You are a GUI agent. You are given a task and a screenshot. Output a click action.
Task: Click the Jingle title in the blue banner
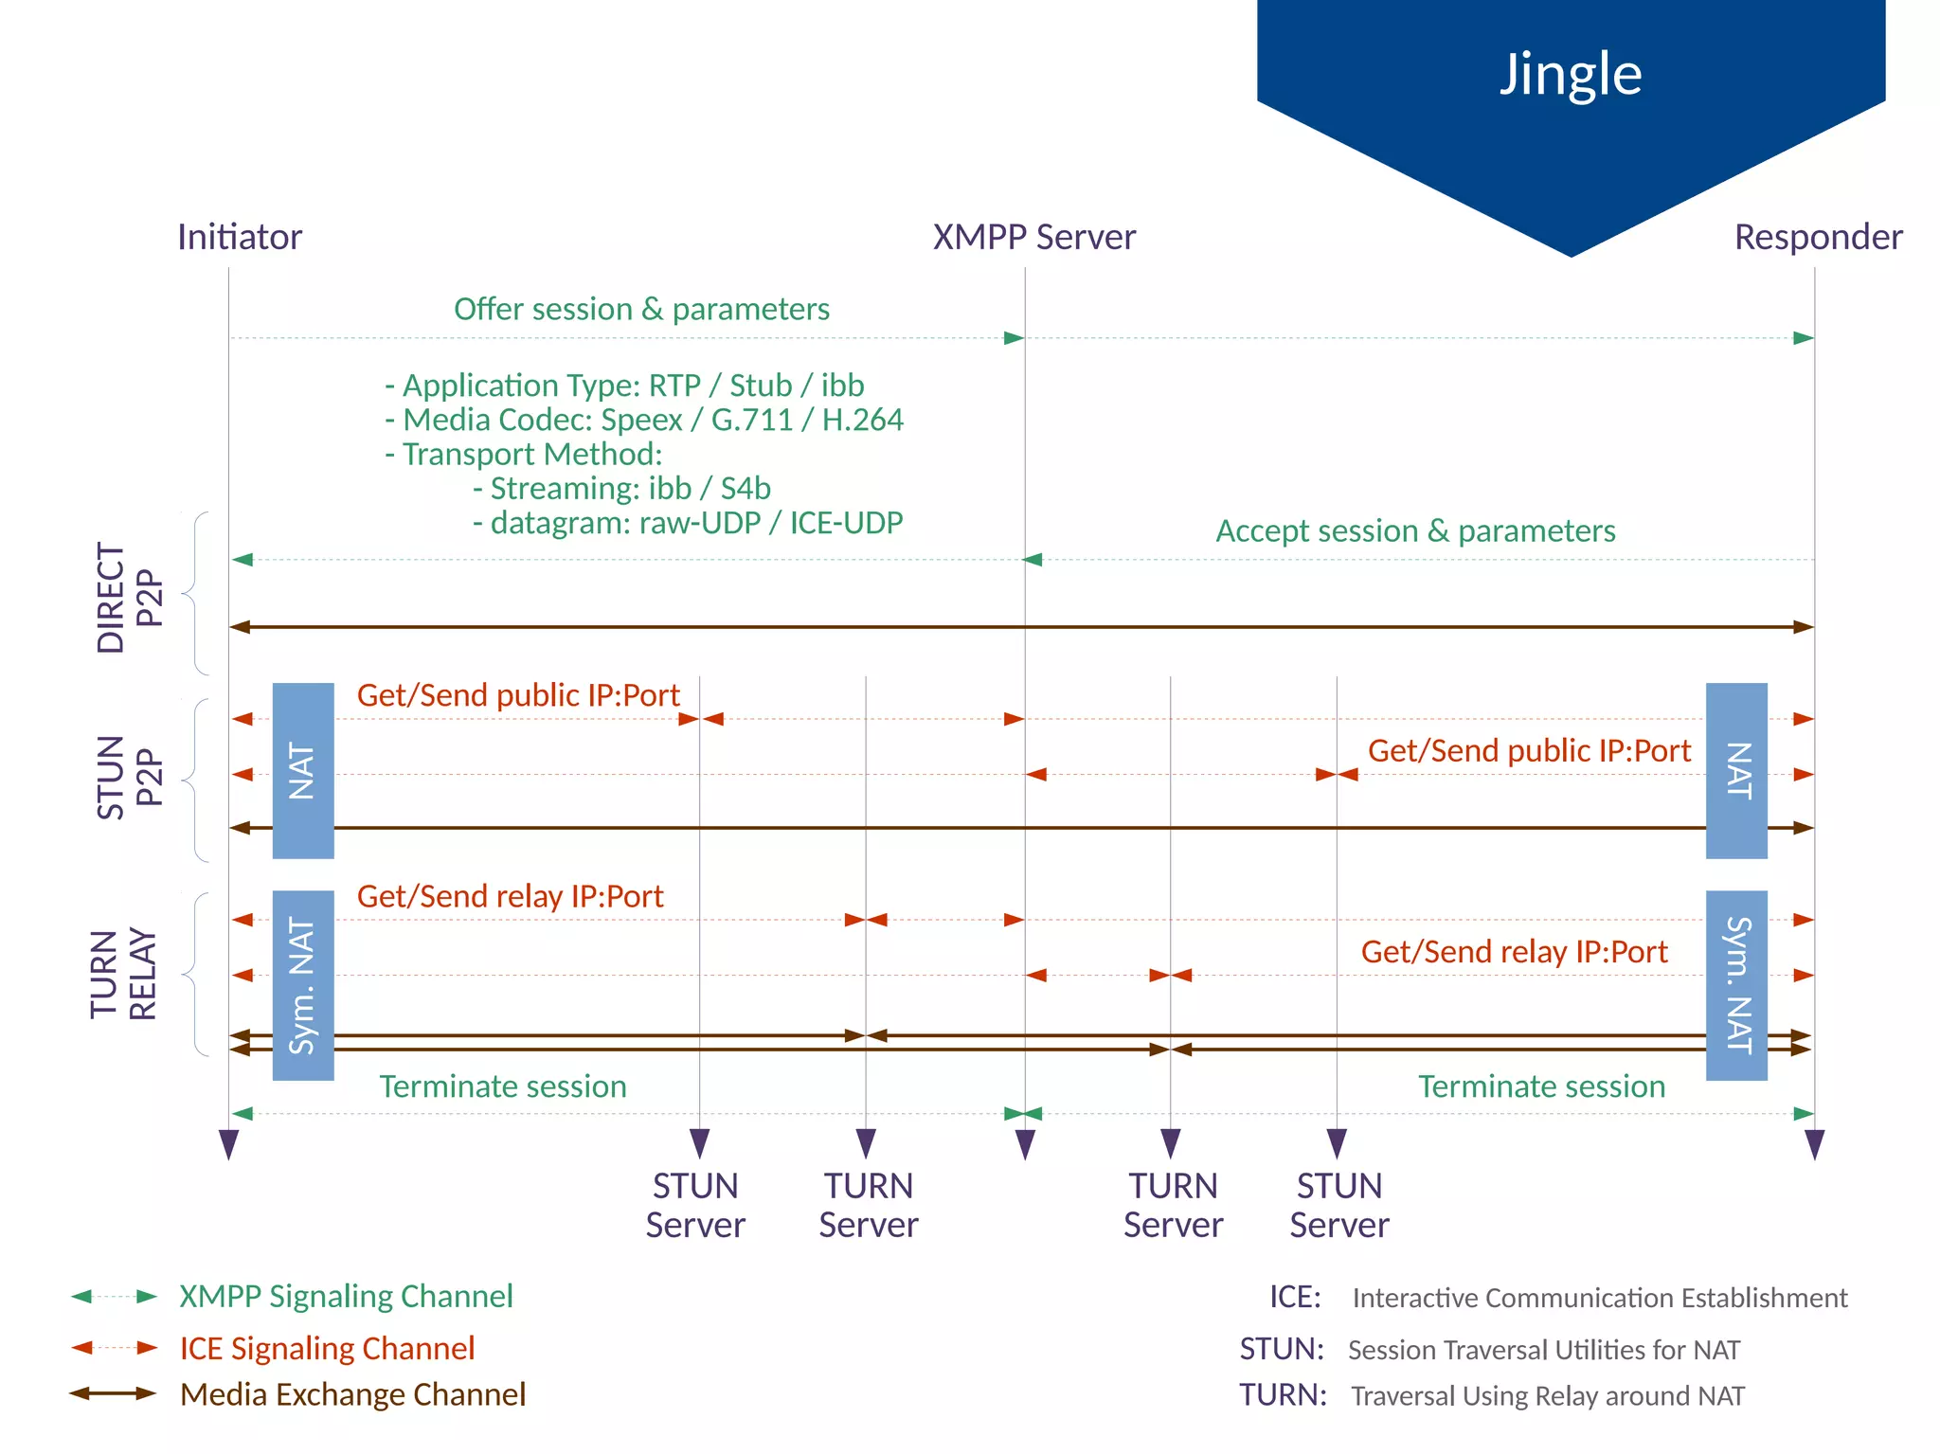(x=1570, y=74)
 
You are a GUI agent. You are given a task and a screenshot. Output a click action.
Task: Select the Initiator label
(x=240, y=237)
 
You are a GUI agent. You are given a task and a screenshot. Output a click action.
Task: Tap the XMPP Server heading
(x=1033, y=237)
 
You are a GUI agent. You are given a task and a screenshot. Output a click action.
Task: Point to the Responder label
(x=1817, y=237)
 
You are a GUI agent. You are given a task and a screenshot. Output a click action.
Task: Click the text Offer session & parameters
(x=641, y=309)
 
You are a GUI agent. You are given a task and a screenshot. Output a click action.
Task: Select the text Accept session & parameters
(x=1415, y=530)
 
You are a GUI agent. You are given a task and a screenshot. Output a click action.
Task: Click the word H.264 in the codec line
(x=862, y=420)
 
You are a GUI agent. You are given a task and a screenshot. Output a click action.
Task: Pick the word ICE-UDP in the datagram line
(x=846, y=522)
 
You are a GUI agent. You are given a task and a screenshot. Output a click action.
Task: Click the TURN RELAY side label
(x=123, y=974)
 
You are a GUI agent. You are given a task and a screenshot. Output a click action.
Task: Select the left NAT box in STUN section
(x=303, y=770)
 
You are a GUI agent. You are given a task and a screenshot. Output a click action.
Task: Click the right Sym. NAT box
(x=1736, y=985)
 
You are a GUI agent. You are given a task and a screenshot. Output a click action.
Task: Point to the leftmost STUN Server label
(x=695, y=1205)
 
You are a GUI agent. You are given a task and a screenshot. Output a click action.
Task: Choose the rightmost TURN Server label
(x=1173, y=1205)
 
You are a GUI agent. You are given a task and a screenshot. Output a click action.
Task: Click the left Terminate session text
(x=503, y=1086)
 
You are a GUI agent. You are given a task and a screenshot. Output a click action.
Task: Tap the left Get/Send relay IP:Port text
(x=510, y=896)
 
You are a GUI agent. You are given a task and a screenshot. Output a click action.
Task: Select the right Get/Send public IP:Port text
(x=1528, y=750)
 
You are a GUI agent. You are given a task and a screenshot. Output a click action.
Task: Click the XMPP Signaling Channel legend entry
(x=346, y=1296)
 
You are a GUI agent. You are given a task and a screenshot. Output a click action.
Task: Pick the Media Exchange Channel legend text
(x=352, y=1394)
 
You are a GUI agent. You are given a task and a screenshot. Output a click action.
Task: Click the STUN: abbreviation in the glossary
(x=1282, y=1348)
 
